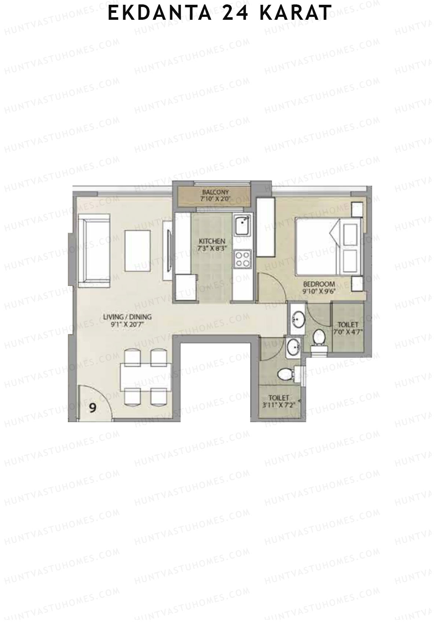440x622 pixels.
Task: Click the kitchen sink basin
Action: pos(242,226)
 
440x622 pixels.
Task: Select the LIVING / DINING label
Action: pos(127,317)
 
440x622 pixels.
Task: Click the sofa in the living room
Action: pos(97,249)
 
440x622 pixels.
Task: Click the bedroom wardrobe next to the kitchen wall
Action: pos(265,227)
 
